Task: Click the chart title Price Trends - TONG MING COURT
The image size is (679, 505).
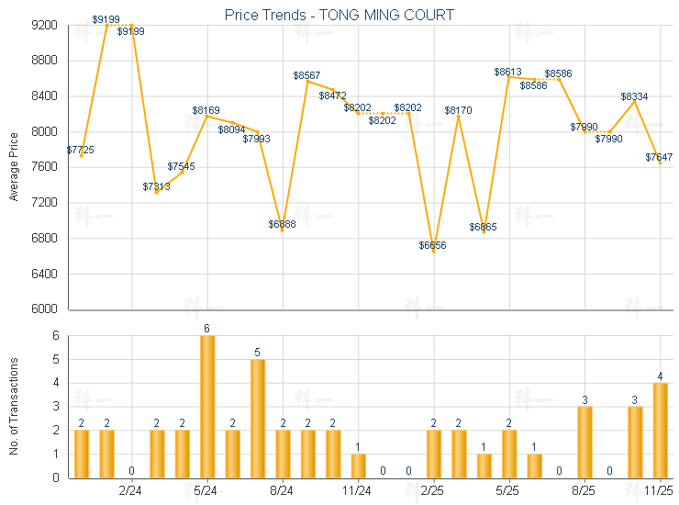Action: point(339,15)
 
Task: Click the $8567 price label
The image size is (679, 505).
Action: point(307,74)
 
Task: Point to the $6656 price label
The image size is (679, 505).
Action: point(433,245)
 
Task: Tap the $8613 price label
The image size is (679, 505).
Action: point(508,72)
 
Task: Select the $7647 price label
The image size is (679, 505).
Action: point(659,157)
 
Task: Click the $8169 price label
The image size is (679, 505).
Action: point(206,110)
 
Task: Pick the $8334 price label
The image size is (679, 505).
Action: point(634,96)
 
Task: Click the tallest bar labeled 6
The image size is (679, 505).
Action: point(207,406)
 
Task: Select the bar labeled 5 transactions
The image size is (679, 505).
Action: point(258,418)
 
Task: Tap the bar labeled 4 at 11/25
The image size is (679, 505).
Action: point(660,430)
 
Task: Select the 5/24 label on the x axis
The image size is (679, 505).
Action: point(206,492)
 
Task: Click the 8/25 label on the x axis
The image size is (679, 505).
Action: point(584,492)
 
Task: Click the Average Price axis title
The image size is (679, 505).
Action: point(14,167)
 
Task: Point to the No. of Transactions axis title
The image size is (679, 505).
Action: point(14,405)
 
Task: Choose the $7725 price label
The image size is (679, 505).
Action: point(80,149)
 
